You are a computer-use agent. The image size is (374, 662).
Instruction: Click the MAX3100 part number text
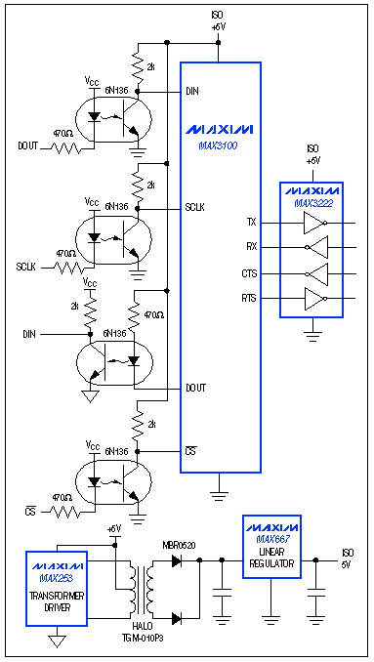[x=220, y=145]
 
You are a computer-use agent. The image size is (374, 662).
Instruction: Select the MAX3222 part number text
[x=312, y=203]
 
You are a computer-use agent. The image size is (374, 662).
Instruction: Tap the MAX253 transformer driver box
[x=60, y=585]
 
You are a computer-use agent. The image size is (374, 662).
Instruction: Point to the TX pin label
[x=251, y=223]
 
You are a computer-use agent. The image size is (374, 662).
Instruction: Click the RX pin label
[x=251, y=247]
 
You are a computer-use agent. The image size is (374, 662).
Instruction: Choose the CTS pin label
[x=251, y=273]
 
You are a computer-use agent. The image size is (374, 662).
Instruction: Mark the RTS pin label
[x=251, y=296]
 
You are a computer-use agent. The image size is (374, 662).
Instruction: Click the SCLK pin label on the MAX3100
[x=196, y=207]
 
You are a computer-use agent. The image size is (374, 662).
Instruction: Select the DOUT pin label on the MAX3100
[x=196, y=388]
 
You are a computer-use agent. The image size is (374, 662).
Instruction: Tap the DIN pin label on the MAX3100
[x=191, y=91]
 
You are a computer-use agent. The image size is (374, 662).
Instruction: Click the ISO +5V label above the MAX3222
[x=312, y=153]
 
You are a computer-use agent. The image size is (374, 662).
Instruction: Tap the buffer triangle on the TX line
[x=312, y=223]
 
